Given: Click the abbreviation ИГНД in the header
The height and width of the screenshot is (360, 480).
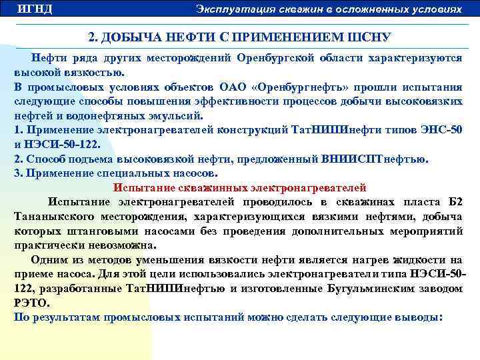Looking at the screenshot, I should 35,9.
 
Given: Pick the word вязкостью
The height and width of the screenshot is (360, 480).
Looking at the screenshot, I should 93,72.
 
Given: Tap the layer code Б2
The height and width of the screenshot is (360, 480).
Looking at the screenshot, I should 454,202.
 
